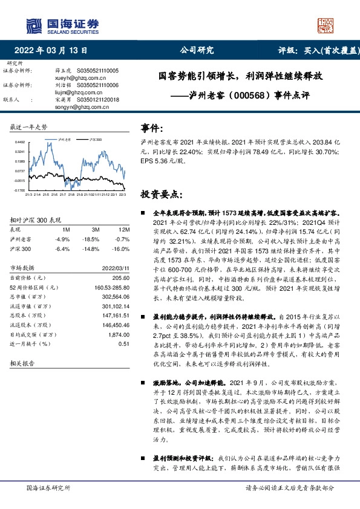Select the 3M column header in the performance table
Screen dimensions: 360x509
[95, 230]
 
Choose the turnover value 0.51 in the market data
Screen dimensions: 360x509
[124, 343]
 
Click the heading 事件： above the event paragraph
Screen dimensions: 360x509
[152, 128]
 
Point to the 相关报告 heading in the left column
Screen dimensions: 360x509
[23, 363]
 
